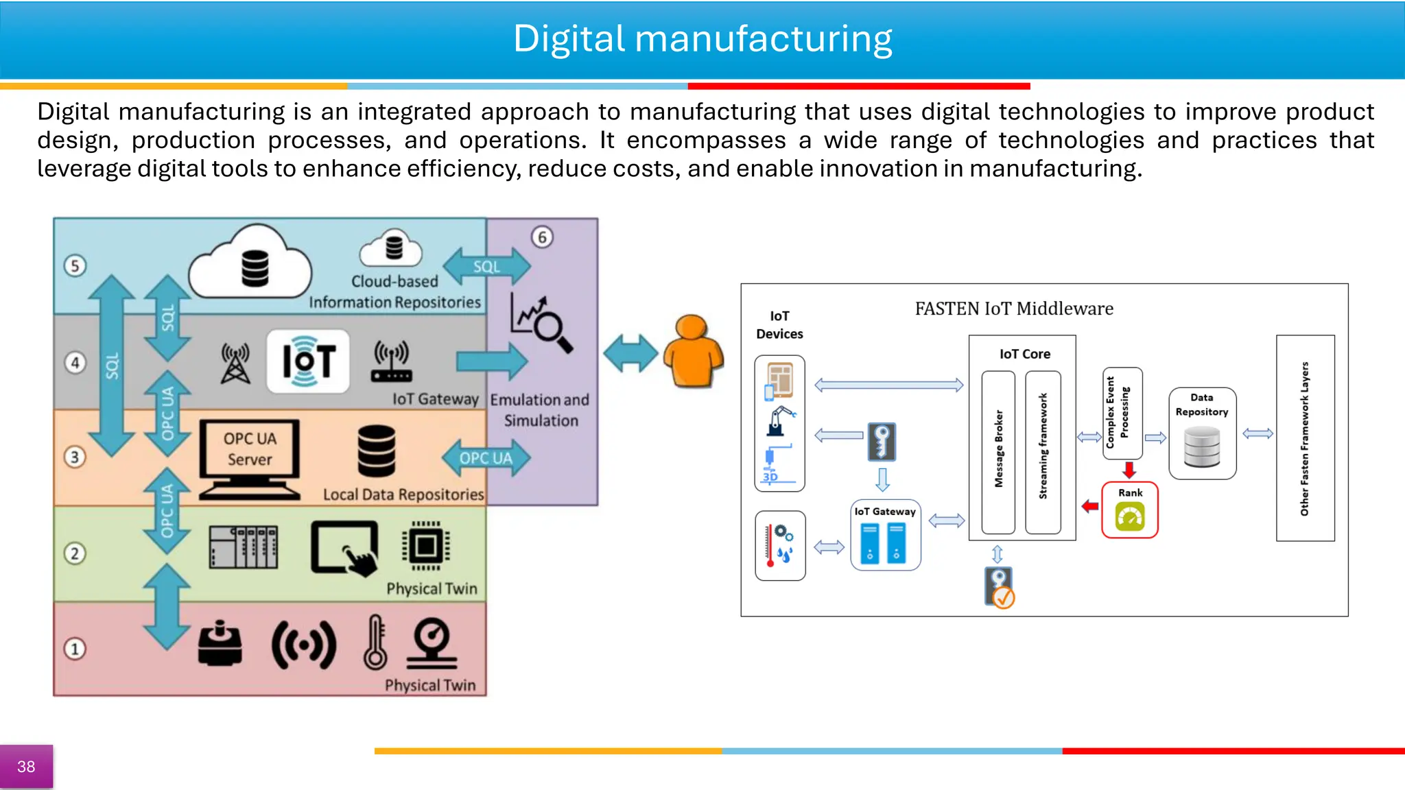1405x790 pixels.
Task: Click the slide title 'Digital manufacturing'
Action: pos(702,39)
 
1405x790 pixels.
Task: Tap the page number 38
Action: pos(26,767)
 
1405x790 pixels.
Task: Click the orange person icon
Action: pos(693,351)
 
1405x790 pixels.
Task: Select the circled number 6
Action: pos(542,237)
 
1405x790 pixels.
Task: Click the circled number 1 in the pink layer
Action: pos(75,649)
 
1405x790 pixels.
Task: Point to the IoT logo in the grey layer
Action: pos(308,361)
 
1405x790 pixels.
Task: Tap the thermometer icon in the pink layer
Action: pos(375,643)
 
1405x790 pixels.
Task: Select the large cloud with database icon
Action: pos(251,265)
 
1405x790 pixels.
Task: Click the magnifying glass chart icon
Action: pos(541,323)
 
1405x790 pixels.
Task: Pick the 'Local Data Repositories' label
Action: pos(403,494)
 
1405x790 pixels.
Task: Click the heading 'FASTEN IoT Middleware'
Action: pos(1013,309)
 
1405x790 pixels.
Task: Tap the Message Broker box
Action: pos(998,452)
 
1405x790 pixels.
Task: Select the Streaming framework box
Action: pos(1043,452)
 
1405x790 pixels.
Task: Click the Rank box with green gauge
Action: pos(1129,510)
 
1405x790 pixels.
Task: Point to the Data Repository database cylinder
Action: pos(1202,446)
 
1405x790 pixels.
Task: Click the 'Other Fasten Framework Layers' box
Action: pos(1305,438)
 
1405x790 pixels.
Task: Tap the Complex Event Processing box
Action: pos(1122,413)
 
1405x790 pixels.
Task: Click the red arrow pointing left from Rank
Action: pos(1090,507)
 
